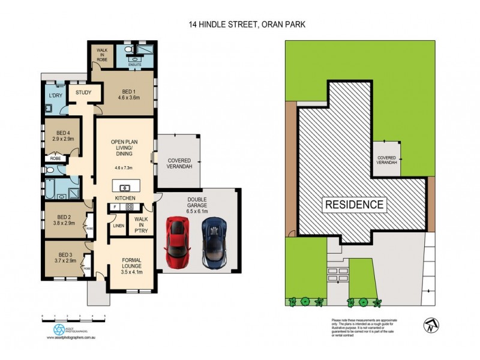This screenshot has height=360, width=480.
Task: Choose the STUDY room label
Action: point(80,92)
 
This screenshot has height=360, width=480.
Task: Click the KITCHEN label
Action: point(125,198)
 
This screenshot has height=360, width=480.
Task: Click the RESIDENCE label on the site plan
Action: point(354,204)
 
